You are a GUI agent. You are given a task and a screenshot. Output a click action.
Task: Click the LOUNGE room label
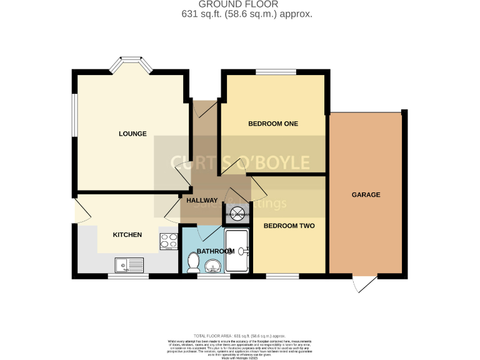(133, 134)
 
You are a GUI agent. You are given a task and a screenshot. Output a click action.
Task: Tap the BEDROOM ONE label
(273, 124)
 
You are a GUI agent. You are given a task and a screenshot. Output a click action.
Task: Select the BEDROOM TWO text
(289, 226)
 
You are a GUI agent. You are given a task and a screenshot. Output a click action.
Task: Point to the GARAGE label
(366, 195)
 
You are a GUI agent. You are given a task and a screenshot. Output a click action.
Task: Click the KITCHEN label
(127, 235)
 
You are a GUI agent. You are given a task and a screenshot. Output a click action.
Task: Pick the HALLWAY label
(201, 201)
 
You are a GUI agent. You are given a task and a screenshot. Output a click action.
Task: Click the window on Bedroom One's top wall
(276, 72)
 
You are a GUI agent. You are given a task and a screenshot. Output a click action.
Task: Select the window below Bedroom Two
(282, 275)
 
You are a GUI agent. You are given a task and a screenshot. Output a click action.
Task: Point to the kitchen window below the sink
(128, 275)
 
